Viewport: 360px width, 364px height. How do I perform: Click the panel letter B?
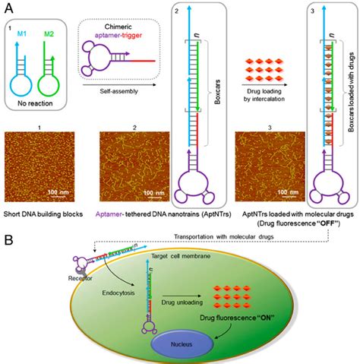tap(10, 240)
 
